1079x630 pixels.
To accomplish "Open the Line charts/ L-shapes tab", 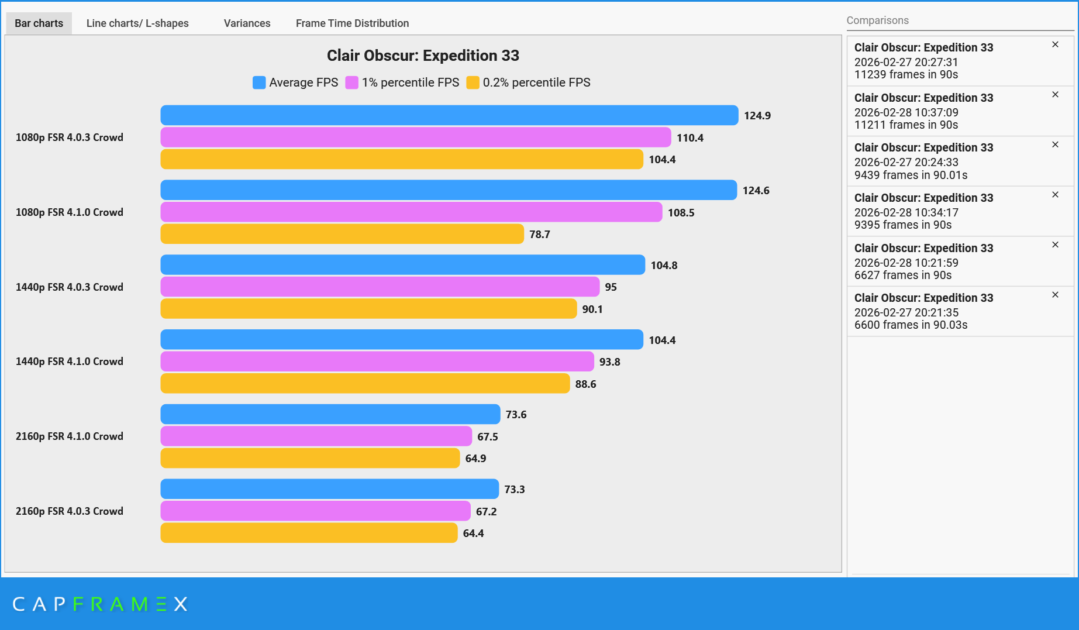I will pyautogui.click(x=137, y=23).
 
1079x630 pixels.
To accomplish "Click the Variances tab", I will pyautogui.click(x=247, y=23).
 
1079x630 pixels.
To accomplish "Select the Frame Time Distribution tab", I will pyautogui.click(x=352, y=23).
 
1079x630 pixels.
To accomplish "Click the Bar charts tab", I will pyautogui.click(x=39, y=23).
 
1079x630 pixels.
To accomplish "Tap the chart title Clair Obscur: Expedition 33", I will pyautogui.click(x=423, y=56).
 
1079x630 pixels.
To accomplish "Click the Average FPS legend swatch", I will pyautogui.click(x=259, y=82).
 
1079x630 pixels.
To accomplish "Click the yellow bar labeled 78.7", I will pyautogui.click(x=342, y=234).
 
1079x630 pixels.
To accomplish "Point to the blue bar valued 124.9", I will pyautogui.click(x=449, y=115).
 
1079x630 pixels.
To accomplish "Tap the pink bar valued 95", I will pyautogui.click(x=380, y=287).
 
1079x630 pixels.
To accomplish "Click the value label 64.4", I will pyautogui.click(x=473, y=533).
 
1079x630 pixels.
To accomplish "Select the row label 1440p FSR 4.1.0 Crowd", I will pyautogui.click(x=70, y=362).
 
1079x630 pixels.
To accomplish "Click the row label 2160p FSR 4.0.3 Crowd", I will pyautogui.click(x=70, y=511).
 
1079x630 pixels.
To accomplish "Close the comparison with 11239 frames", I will pyautogui.click(x=1055, y=44).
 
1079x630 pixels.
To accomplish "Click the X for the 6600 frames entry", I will pyautogui.click(x=1055, y=295).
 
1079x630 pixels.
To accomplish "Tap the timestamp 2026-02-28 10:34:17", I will pyautogui.click(x=906, y=212).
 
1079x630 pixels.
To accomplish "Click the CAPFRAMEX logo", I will pyautogui.click(x=100, y=604).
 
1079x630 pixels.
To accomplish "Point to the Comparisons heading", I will pyautogui.click(x=877, y=20).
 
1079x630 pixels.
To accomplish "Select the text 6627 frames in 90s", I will pyautogui.click(x=902, y=275).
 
